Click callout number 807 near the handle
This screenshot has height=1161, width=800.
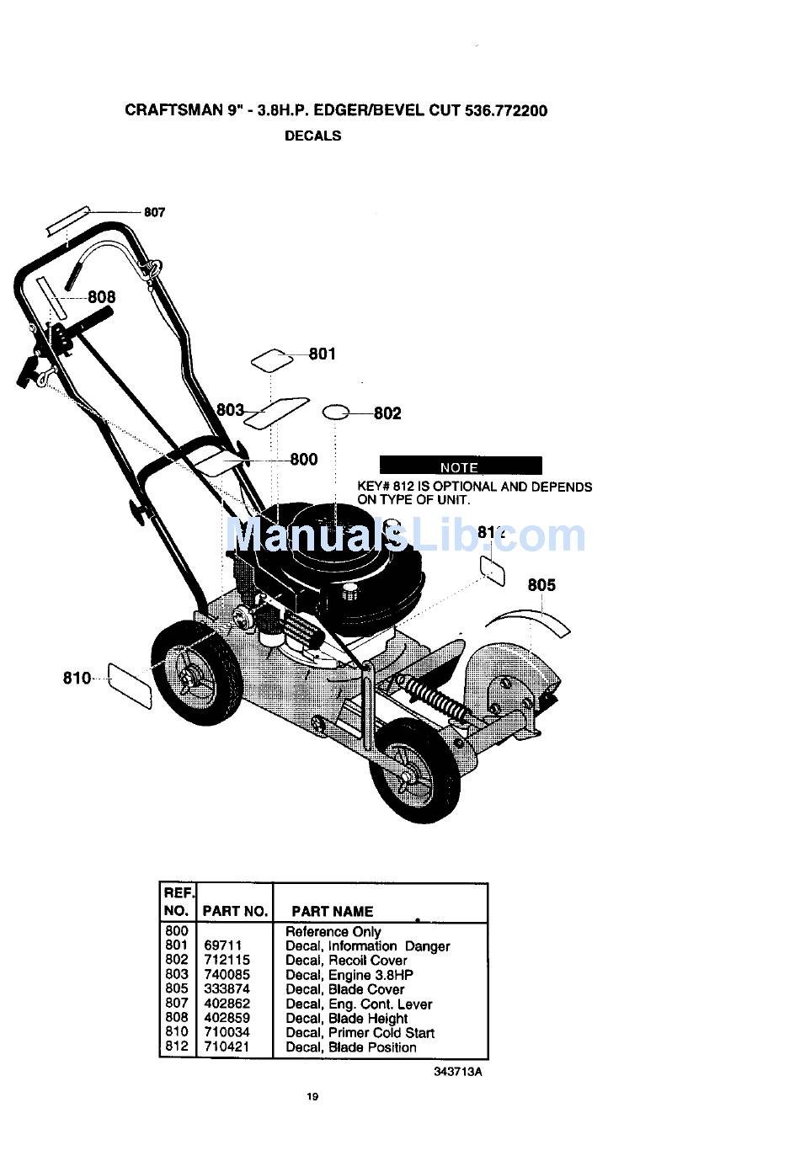pyautogui.click(x=154, y=212)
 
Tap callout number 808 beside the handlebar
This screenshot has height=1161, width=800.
pyautogui.click(x=102, y=297)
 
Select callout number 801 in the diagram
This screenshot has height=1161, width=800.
pyautogui.click(x=322, y=354)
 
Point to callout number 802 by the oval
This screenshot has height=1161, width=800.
pyautogui.click(x=387, y=413)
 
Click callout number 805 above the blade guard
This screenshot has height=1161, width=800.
pyautogui.click(x=541, y=584)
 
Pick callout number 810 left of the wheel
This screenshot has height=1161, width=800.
pyautogui.click(x=77, y=678)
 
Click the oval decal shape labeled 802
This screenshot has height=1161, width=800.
pyautogui.click(x=336, y=412)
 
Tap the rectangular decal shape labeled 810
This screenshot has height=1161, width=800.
pyautogui.click(x=131, y=685)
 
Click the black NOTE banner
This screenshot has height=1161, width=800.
pyautogui.click(x=460, y=466)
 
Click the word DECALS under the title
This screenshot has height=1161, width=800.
pyautogui.click(x=312, y=136)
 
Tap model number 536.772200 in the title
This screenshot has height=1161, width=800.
pyautogui.click(x=505, y=110)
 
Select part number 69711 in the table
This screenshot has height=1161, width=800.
pyautogui.click(x=222, y=946)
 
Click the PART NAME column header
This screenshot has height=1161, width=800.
pyautogui.click(x=332, y=911)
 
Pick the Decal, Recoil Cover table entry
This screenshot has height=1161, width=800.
pyautogui.click(x=346, y=961)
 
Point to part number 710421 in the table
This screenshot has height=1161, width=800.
pyautogui.click(x=227, y=1047)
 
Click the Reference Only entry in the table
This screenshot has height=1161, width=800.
pyautogui.click(x=333, y=932)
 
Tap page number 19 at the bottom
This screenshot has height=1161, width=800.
pyautogui.click(x=312, y=1096)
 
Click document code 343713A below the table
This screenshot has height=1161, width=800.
pyautogui.click(x=458, y=1072)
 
